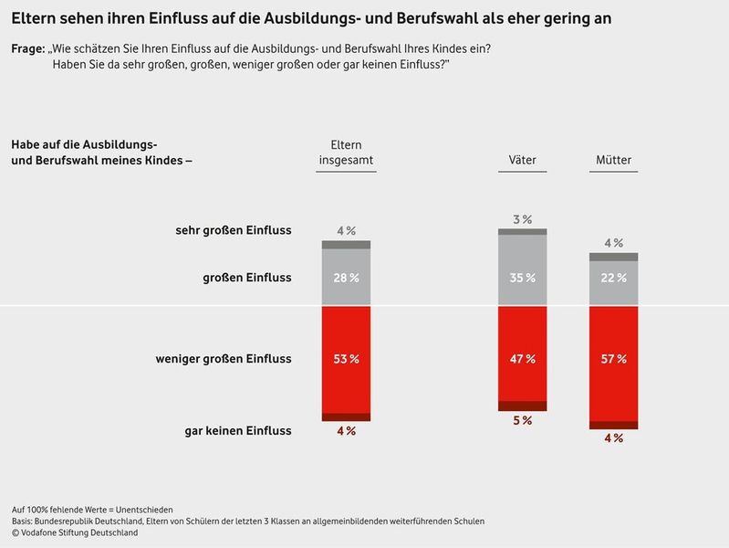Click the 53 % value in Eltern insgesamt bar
[346, 359]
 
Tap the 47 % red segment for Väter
[522, 359]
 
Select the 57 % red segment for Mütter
[613, 359]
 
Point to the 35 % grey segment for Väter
[522, 277]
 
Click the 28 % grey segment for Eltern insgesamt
[346, 277]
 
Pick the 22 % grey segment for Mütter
[613, 278]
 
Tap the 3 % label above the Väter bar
[522, 220]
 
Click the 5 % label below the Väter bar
[522, 421]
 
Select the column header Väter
[522, 161]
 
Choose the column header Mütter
[613, 161]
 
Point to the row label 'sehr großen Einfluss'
[233, 230]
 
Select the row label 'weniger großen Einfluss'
[224, 359]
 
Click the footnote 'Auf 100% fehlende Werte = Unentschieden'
[92, 509]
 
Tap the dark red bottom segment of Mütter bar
[613, 425]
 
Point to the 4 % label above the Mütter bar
[613, 243]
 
